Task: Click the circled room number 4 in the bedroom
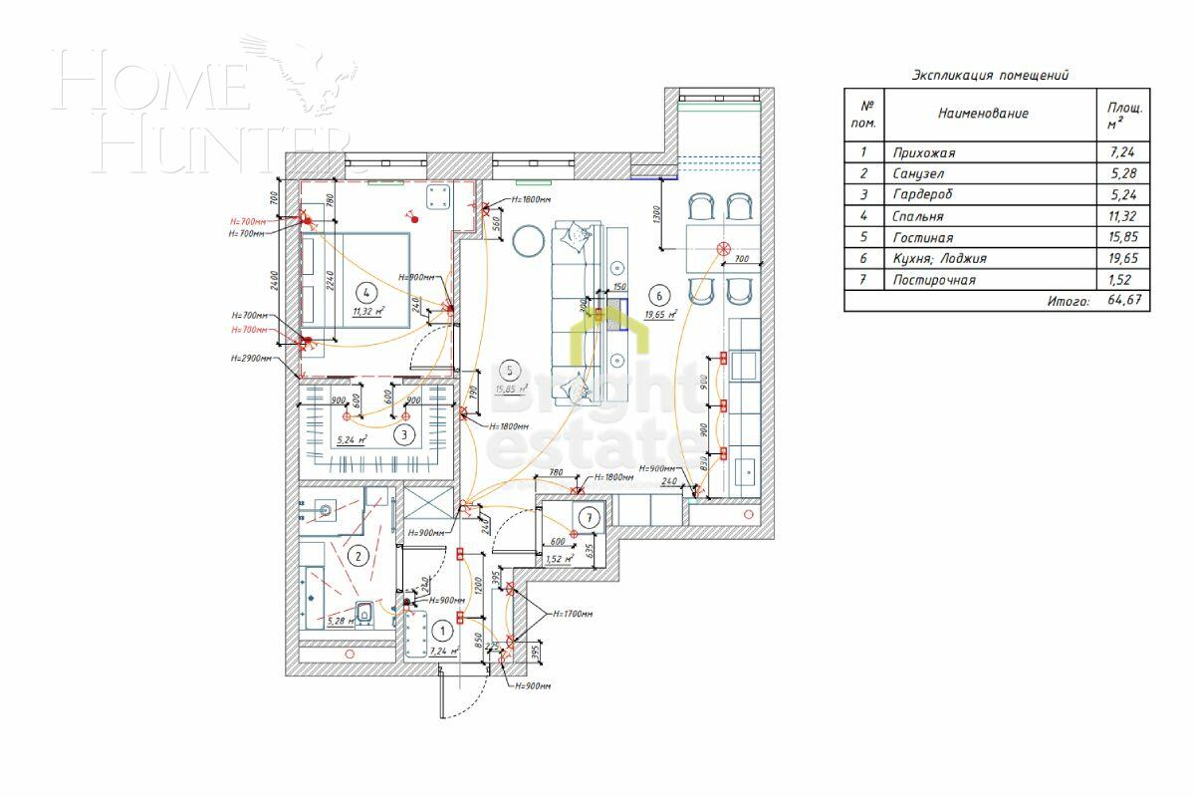tap(366, 292)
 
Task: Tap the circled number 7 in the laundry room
tap(590, 517)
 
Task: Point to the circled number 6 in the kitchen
tap(656, 294)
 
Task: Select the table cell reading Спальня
tap(917, 216)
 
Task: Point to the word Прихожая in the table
tap(923, 152)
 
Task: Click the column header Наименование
tap(982, 114)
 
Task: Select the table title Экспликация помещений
tap(990, 75)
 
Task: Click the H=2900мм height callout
tap(250, 358)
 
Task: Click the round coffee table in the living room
tap(528, 239)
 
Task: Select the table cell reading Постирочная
tap(934, 280)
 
